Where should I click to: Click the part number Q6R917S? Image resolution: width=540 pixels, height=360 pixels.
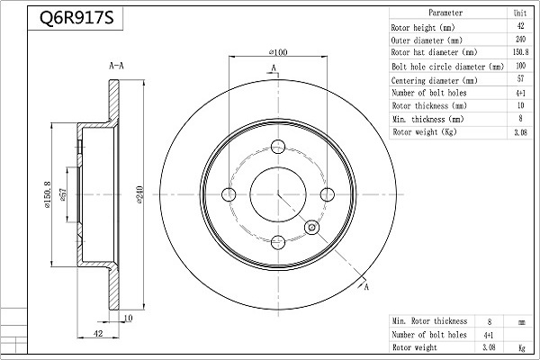[x=76, y=18]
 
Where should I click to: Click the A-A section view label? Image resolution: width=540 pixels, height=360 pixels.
[x=116, y=66]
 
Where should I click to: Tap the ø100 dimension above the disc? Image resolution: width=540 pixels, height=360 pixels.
[x=278, y=52]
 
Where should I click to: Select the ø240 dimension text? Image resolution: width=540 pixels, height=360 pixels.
[x=139, y=194]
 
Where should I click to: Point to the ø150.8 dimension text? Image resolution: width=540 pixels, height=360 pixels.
[x=47, y=194]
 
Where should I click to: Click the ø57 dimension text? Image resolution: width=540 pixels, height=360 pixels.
[x=63, y=194]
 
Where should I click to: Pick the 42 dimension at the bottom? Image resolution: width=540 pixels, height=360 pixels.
[x=98, y=334]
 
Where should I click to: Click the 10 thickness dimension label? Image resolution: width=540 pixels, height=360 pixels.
[x=128, y=318]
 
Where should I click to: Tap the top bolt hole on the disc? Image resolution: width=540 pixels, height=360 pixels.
[x=278, y=147]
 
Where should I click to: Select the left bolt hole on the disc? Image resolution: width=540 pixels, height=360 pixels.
[x=229, y=194]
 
